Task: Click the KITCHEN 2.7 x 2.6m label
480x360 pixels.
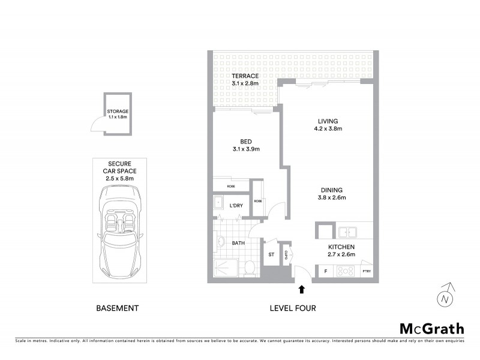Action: point(341,251)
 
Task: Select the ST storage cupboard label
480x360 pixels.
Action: point(271,255)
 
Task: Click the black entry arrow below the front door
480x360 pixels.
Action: point(301,290)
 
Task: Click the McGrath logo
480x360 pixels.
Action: point(431,328)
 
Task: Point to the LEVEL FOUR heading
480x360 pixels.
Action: point(293,308)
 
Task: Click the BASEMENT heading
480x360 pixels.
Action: point(118,308)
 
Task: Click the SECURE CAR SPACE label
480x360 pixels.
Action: point(120,170)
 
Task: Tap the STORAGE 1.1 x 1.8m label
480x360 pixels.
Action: point(118,114)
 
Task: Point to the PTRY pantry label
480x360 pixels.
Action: point(366,272)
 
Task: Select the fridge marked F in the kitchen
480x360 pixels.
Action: point(325,271)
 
